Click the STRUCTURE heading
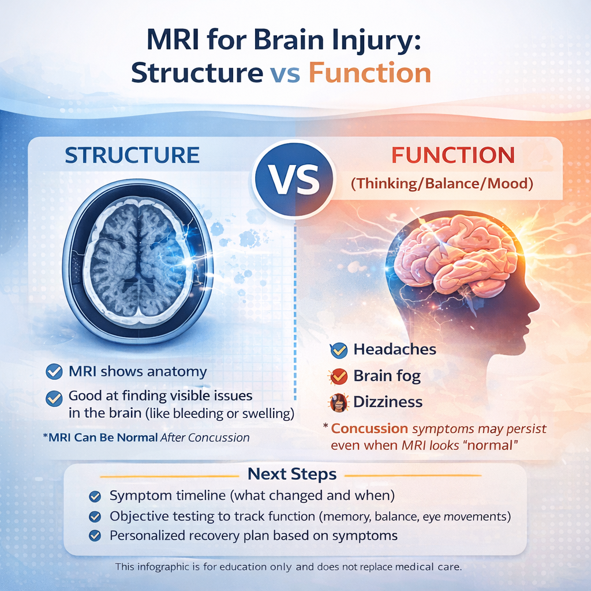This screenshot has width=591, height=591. pyautogui.click(x=132, y=155)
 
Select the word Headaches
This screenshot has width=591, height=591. pyautogui.click(x=394, y=349)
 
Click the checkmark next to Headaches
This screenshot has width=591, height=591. pyautogui.click(x=338, y=349)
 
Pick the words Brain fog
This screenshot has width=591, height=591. pyautogui.click(x=387, y=376)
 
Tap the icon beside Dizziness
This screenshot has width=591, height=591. pyautogui.click(x=338, y=402)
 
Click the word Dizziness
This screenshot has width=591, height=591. pyautogui.click(x=388, y=402)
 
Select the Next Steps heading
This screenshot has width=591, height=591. pyautogui.click(x=291, y=474)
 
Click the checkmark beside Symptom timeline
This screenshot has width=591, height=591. pyautogui.click(x=95, y=496)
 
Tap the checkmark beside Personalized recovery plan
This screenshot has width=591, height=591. pyautogui.click(x=95, y=536)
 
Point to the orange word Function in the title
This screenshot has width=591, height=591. pyautogui.click(x=370, y=74)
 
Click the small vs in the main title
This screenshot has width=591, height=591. pyautogui.click(x=285, y=75)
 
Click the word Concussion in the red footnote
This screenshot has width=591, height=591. pyautogui.click(x=369, y=429)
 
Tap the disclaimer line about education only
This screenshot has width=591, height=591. pyautogui.click(x=289, y=567)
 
